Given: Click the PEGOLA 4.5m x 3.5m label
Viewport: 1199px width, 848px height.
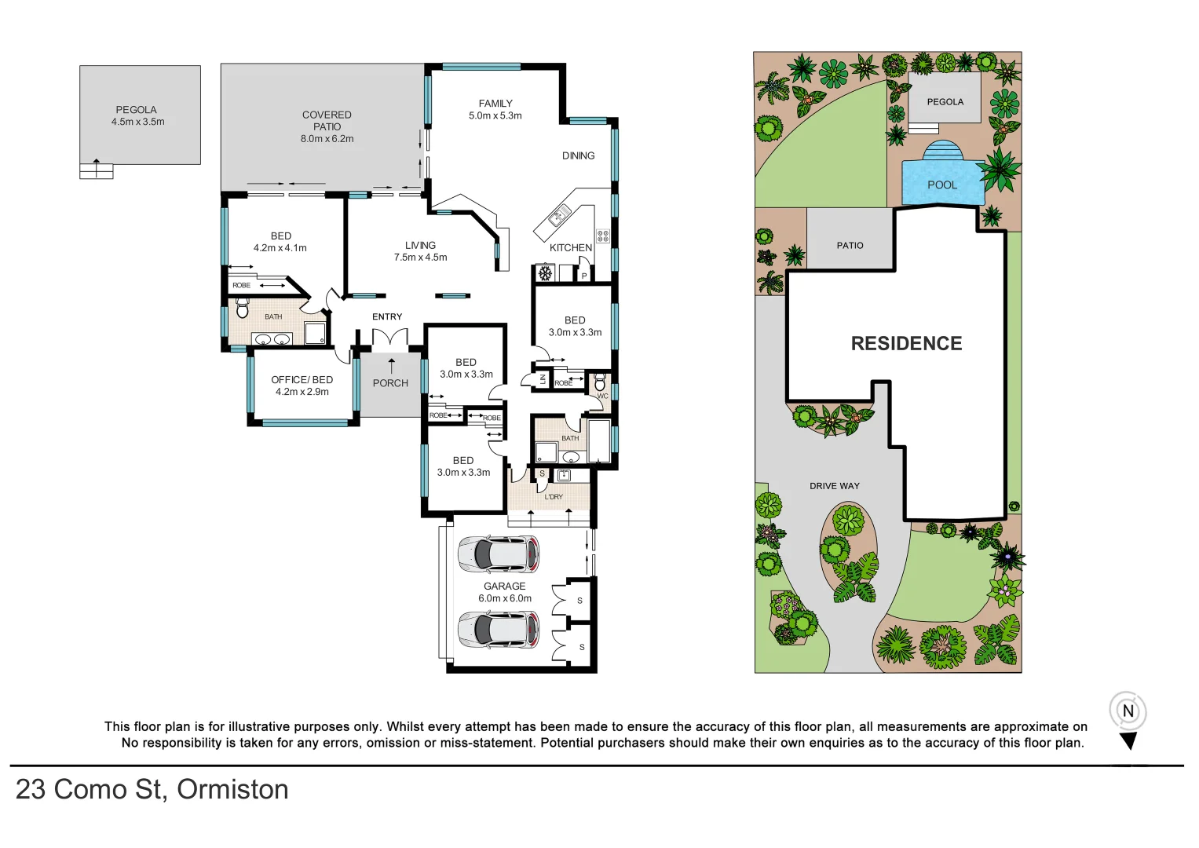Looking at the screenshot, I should (137, 115).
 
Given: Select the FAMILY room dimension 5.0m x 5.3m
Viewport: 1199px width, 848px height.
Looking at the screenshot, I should (495, 115).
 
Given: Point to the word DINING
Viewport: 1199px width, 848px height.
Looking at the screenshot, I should (578, 155).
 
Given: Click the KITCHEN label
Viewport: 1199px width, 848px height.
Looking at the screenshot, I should (570, 247).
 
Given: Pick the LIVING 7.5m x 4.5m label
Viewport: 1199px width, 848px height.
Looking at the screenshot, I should (420, 251).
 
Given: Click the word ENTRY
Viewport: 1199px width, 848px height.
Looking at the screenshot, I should (387, 316).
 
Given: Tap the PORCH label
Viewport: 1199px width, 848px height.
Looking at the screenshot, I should (390, 383).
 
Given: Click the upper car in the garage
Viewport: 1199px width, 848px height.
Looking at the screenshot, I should (498, 554).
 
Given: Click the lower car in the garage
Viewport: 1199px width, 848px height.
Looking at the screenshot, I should (498, 630).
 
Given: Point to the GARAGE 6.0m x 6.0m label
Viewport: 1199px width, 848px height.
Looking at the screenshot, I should (504, 592).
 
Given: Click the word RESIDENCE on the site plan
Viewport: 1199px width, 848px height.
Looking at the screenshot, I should (906, 343).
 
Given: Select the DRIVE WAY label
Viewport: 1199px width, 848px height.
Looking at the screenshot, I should (834, 486).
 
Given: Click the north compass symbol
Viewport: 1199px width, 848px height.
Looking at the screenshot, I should (1128, 712).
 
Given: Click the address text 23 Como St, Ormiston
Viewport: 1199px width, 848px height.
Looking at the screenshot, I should (152, 789).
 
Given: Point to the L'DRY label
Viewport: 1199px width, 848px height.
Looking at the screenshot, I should (554, 496).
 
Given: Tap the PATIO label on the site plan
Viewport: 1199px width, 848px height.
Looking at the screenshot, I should (850, 246).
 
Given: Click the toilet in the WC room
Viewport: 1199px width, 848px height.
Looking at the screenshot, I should (601, 382).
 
